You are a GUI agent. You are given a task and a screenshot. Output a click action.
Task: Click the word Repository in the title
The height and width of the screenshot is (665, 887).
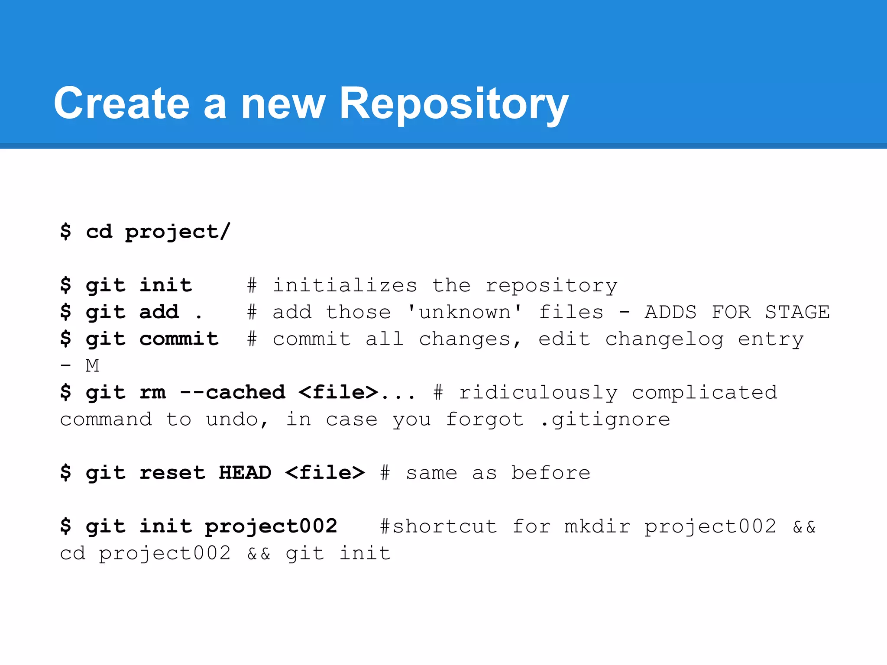(453, 104)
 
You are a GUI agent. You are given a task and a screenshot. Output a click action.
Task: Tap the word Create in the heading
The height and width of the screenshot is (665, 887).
(122, 104)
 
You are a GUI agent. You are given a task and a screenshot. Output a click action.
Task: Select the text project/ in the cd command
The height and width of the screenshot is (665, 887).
(178, 232)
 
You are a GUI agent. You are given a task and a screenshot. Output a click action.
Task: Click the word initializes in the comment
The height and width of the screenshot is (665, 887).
(345, 285)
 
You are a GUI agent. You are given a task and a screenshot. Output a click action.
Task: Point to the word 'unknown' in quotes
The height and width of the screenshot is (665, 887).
(465, 312)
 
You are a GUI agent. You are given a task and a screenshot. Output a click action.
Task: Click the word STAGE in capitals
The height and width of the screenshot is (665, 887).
(797, 312)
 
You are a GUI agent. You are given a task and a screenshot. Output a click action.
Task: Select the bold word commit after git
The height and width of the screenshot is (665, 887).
(179, 339)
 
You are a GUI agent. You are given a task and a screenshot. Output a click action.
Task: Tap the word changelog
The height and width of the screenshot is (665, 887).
(664, 339)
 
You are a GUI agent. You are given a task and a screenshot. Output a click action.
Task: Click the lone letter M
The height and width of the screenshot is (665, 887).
(92, 366)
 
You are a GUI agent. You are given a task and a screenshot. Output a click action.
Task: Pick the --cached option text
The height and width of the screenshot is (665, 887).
(233, 392)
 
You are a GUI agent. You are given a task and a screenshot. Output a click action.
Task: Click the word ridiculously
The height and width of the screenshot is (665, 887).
(538, 392)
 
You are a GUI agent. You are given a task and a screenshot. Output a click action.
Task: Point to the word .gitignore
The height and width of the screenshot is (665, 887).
(605, 420)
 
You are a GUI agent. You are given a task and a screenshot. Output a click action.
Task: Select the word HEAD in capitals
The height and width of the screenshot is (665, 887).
(245, 472)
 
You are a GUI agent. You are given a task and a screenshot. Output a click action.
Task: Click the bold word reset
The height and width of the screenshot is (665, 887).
(172, 472)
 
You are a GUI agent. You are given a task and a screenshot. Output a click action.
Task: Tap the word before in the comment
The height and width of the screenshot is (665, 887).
(550, 472)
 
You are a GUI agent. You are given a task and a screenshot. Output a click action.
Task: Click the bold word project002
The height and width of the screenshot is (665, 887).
(271, 526)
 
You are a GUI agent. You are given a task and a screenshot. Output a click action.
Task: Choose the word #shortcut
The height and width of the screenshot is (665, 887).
(438, 526)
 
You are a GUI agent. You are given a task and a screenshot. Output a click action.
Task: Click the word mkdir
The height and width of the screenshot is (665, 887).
(597, 526)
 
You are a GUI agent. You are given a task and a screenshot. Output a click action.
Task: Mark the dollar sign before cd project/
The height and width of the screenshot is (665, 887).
(65, 232)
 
